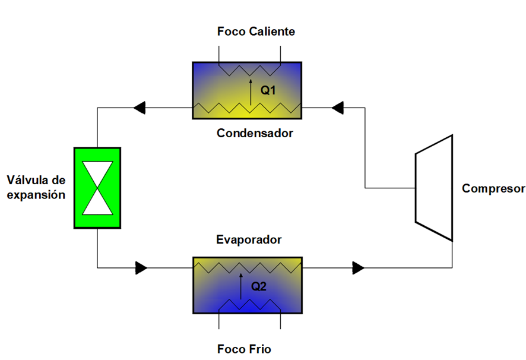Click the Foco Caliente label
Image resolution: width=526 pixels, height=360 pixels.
tap(256, 31)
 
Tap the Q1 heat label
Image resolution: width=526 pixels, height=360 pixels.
tap(268, 90)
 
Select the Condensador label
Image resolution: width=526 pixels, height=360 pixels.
tap(255, 133)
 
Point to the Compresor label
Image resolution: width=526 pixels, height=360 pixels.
tap(493, 189)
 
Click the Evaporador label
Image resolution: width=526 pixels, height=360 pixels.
tap(249, 239)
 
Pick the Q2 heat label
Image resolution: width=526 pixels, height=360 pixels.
tap(259, 286)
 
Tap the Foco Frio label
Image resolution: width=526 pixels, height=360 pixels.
tap(244, 349)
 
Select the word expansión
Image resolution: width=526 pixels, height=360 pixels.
tap(36, 195)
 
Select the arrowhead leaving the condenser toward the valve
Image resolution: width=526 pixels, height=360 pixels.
tap(139, 108)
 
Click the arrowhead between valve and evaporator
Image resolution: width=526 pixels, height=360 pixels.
tap(141, 268)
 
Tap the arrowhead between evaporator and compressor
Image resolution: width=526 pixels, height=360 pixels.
tap(359, 268)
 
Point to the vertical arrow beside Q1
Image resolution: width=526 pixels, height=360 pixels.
tap(251, 92)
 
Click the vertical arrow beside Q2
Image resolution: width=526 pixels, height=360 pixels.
tap(241, 286)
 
